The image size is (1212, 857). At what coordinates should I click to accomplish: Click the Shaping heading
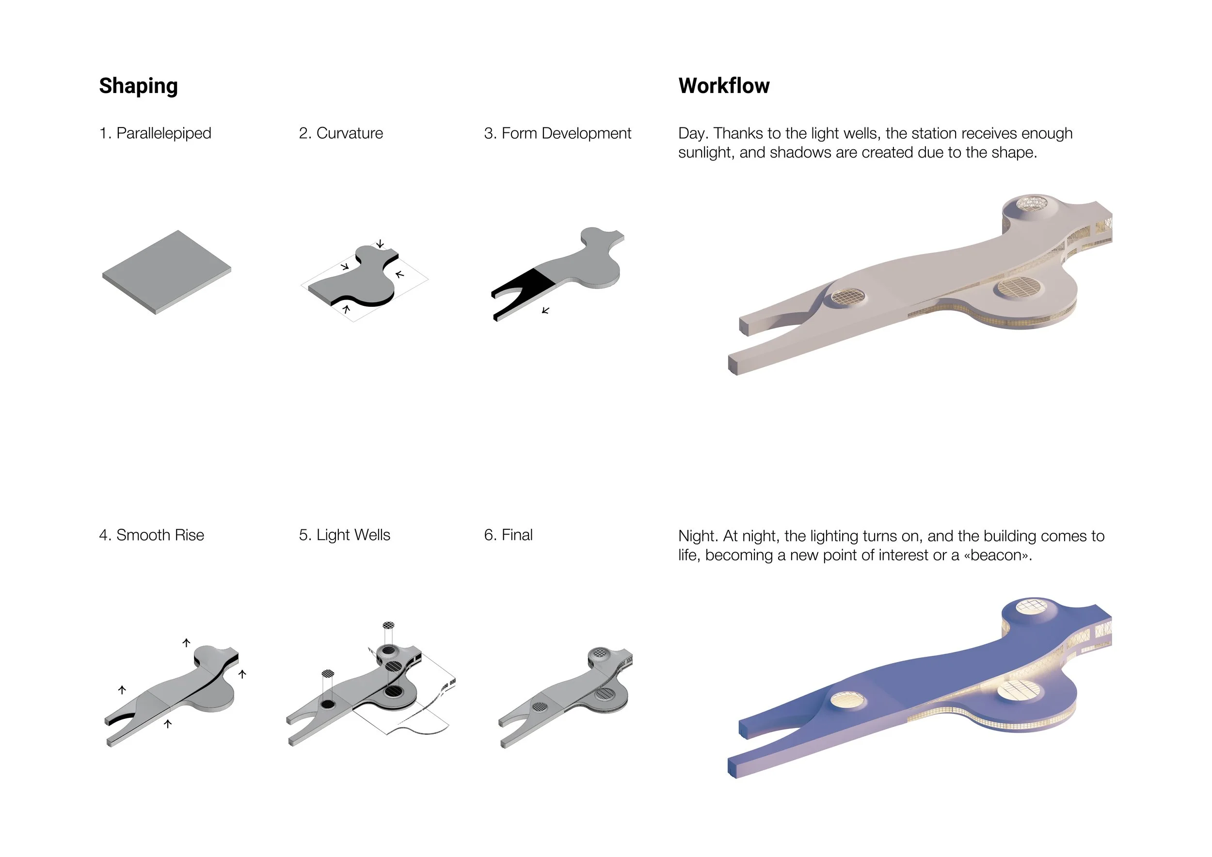point(138,86)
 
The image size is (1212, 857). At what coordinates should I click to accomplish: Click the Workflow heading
point(724,85)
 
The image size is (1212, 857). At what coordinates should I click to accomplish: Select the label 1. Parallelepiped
point(155,133)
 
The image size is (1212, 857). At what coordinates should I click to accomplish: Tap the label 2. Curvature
point(341,133)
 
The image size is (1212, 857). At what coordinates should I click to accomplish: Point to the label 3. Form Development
point(558,133)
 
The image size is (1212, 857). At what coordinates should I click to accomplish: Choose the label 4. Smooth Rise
point(151,535)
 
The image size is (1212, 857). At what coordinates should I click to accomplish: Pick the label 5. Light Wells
point(345,535)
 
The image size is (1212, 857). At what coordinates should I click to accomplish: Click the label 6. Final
point(509,535)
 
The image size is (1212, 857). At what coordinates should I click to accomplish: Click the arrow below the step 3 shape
point(546,310)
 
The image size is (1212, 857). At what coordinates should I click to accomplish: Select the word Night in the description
point(698,536)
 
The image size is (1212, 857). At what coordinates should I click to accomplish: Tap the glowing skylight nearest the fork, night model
point(848,700)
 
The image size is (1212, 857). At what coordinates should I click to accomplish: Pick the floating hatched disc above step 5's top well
point(388,625)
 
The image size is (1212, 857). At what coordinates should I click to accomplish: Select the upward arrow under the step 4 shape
point(168,724)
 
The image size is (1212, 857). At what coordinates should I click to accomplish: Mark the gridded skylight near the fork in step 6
point(540,707)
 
